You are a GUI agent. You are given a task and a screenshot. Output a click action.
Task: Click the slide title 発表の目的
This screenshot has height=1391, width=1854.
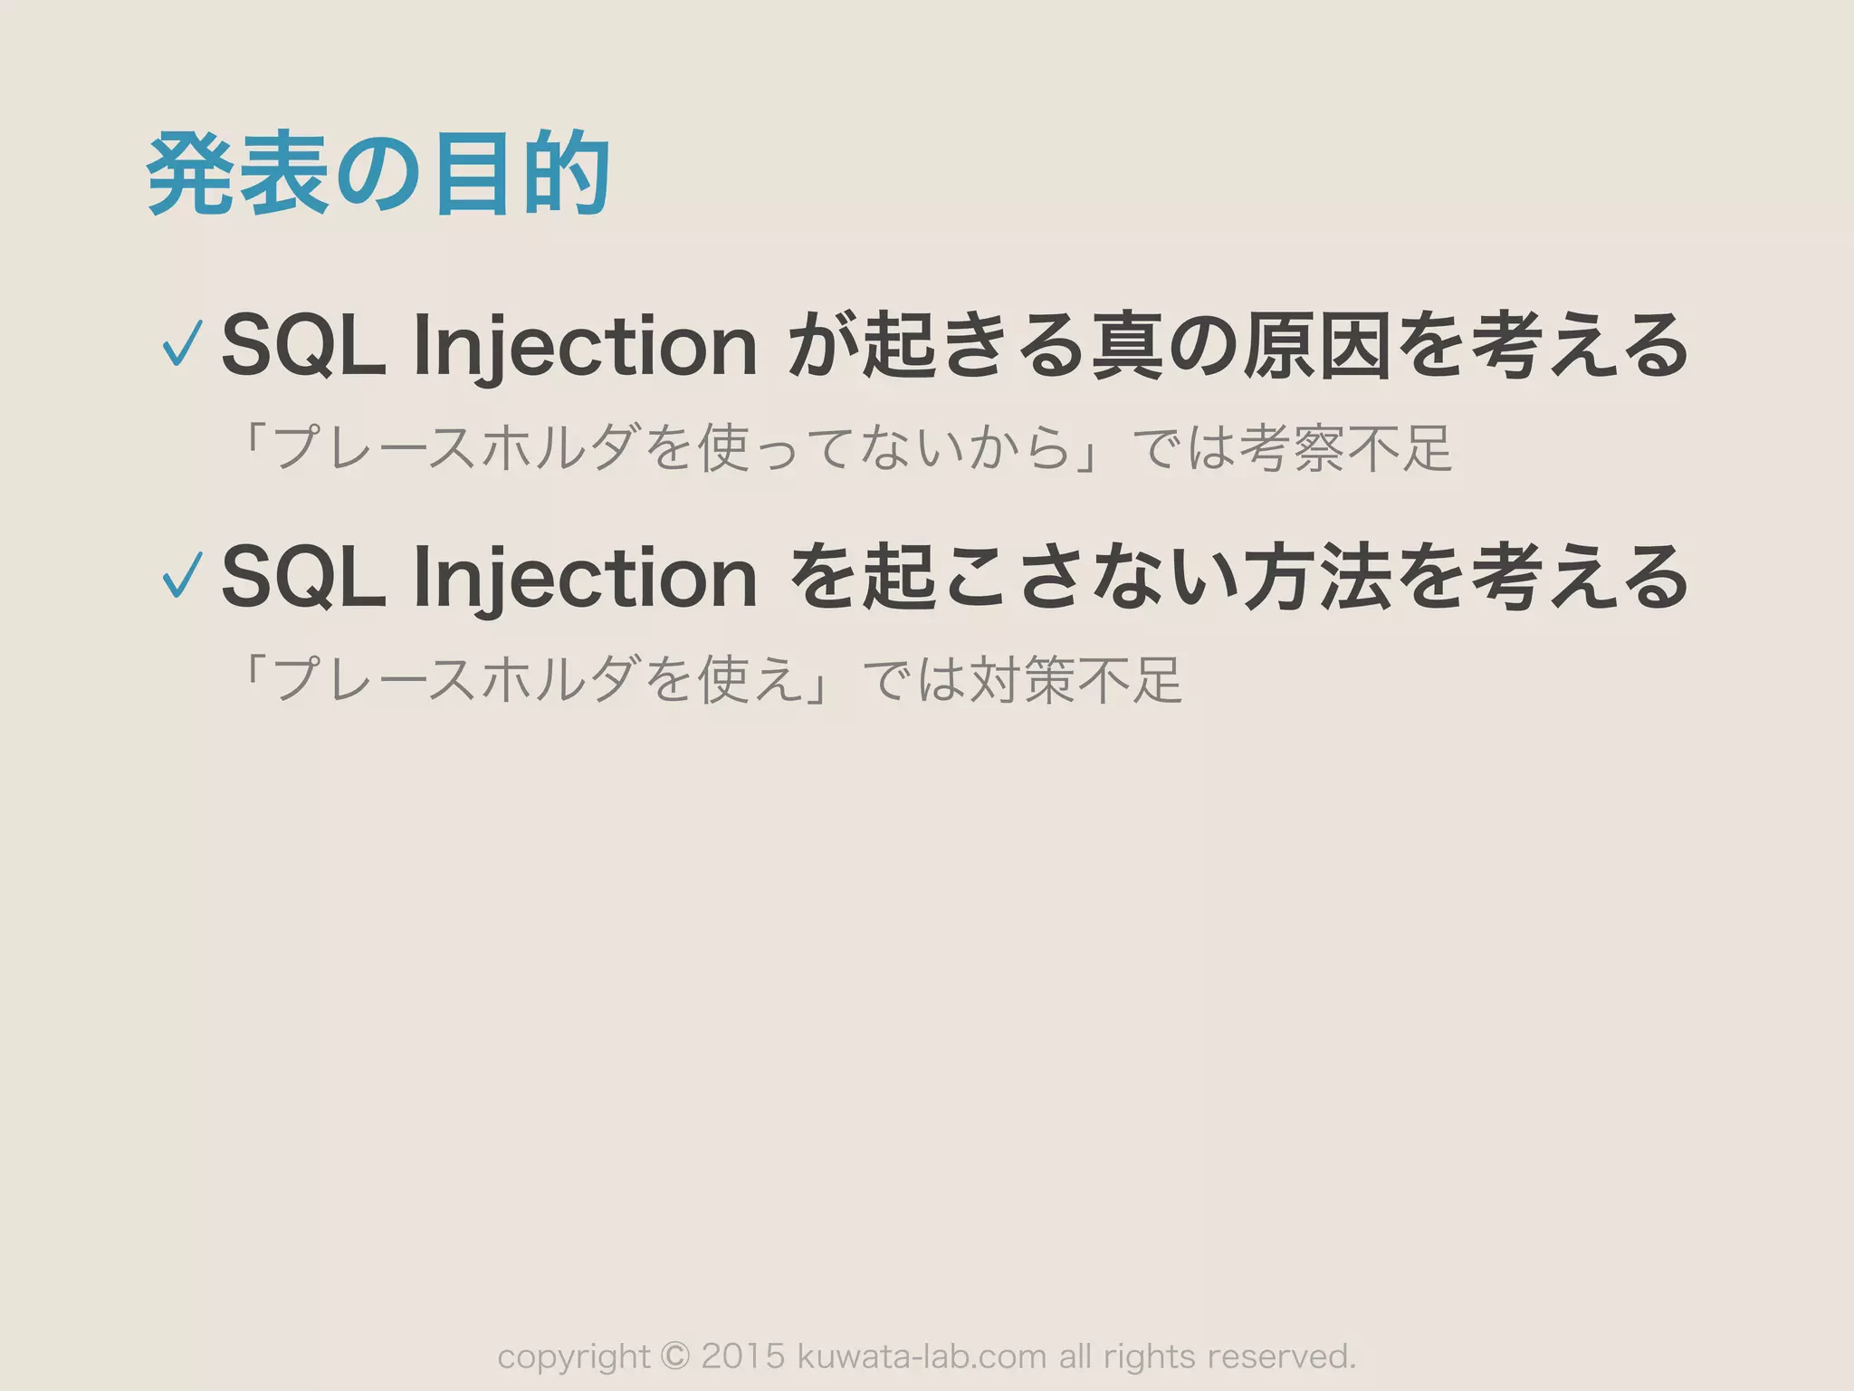pos(378,174)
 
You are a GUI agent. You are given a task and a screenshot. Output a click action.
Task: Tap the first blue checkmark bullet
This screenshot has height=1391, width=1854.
pos(182,344)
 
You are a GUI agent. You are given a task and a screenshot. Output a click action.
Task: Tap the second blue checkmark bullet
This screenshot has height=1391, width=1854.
pos(182,575)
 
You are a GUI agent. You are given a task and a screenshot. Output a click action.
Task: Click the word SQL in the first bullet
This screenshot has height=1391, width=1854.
pos(303,345)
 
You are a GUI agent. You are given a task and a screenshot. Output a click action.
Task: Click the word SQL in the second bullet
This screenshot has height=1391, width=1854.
pos(303,576)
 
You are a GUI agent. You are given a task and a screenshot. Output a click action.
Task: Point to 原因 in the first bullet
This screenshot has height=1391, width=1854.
pos(1317,345)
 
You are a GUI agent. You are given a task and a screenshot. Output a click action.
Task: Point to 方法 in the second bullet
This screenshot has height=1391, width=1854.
pos(1317,576)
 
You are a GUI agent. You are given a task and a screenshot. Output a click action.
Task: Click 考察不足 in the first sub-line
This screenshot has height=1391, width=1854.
pos(1346,448)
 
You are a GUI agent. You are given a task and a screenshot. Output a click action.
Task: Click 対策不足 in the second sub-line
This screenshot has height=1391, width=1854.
pos(1075,679)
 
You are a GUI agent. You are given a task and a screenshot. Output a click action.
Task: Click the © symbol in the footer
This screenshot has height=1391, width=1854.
pos(675,1357)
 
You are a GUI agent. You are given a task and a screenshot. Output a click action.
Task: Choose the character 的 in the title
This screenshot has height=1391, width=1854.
pos(566,174)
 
